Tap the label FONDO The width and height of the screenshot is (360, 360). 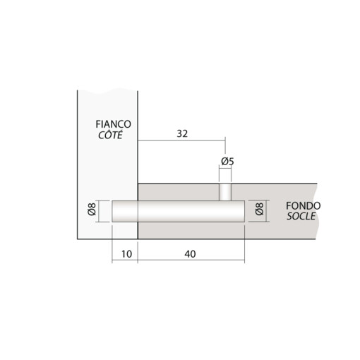(x=303, y=205)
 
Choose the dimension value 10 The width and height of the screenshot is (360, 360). (x=124, y=253)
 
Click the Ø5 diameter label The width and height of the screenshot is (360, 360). (x=226, y=162)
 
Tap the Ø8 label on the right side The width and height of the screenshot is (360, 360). (x=258, y=210)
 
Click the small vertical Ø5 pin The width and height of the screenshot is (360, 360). (x=225, y=191)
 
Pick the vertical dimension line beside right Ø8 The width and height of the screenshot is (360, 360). (x=267, y=210)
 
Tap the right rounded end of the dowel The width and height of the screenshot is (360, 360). (x=241, y=211)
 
